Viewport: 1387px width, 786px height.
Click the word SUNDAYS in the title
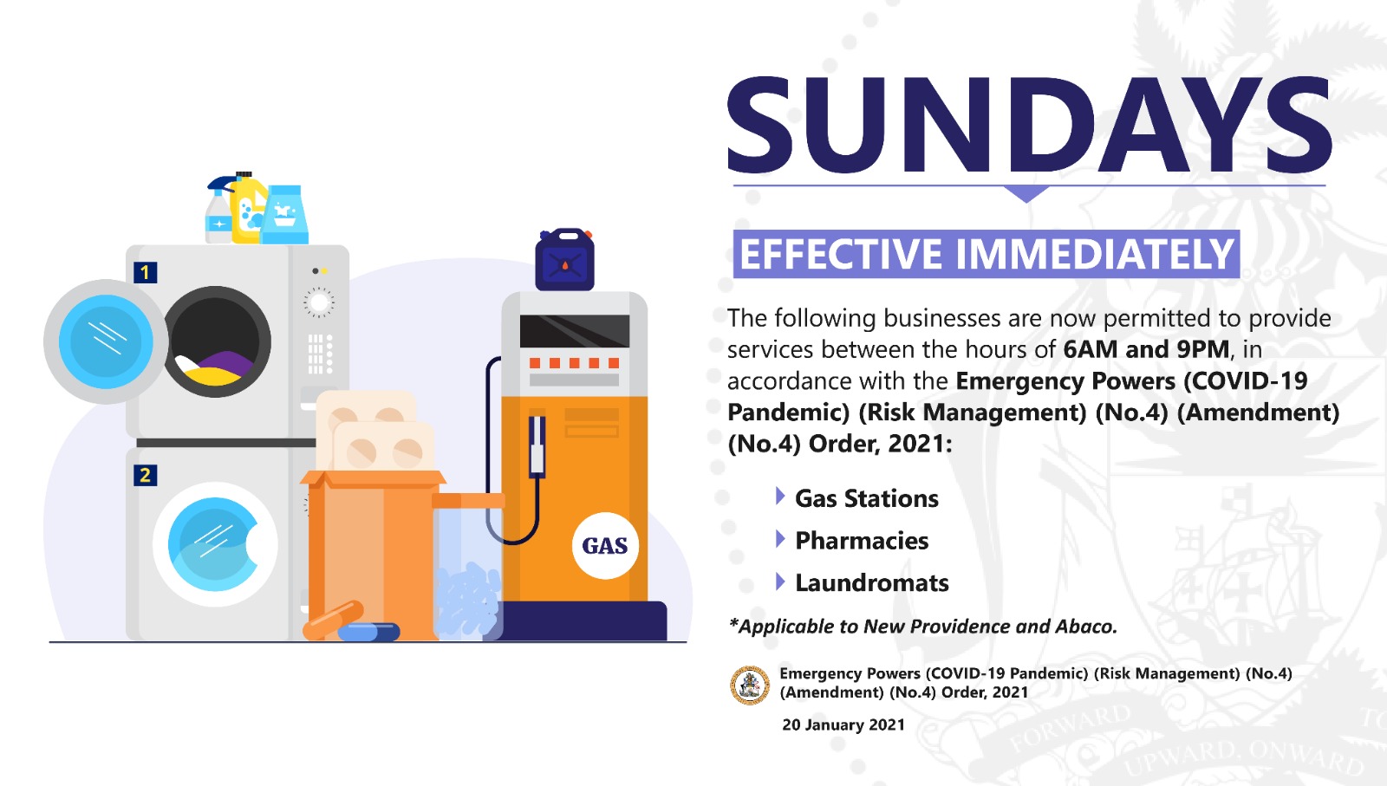coord(1030,125)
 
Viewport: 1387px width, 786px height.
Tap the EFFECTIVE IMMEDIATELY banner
coord(987,254)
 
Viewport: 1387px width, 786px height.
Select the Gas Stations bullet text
coord(867,498)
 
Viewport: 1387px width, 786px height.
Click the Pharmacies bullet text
coord(862,540)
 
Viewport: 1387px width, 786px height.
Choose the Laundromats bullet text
coord(872,582)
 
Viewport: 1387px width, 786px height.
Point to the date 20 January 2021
coord(843,724)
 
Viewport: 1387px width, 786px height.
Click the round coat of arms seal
coord(750,685)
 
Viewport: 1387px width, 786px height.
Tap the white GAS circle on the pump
coord(605,545)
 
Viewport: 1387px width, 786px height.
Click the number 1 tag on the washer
coord(146,272)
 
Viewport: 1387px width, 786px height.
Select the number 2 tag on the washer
coord(145,475)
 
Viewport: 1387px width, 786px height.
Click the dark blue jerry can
coord(564,259)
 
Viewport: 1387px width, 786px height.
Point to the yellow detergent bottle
coord(248,208)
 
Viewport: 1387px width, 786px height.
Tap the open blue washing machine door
coord(106,341)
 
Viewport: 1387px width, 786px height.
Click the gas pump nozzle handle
coord(537,445)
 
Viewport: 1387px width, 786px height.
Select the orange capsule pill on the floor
coord(333,620)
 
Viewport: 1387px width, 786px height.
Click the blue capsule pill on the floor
coord(368,632)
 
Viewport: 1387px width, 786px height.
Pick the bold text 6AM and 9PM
coord(1146,350)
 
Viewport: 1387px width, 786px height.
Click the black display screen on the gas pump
coord(575,331)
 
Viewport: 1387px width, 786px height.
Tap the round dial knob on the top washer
coord(319,302)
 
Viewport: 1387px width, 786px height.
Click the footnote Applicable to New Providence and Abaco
coord(922,627)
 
